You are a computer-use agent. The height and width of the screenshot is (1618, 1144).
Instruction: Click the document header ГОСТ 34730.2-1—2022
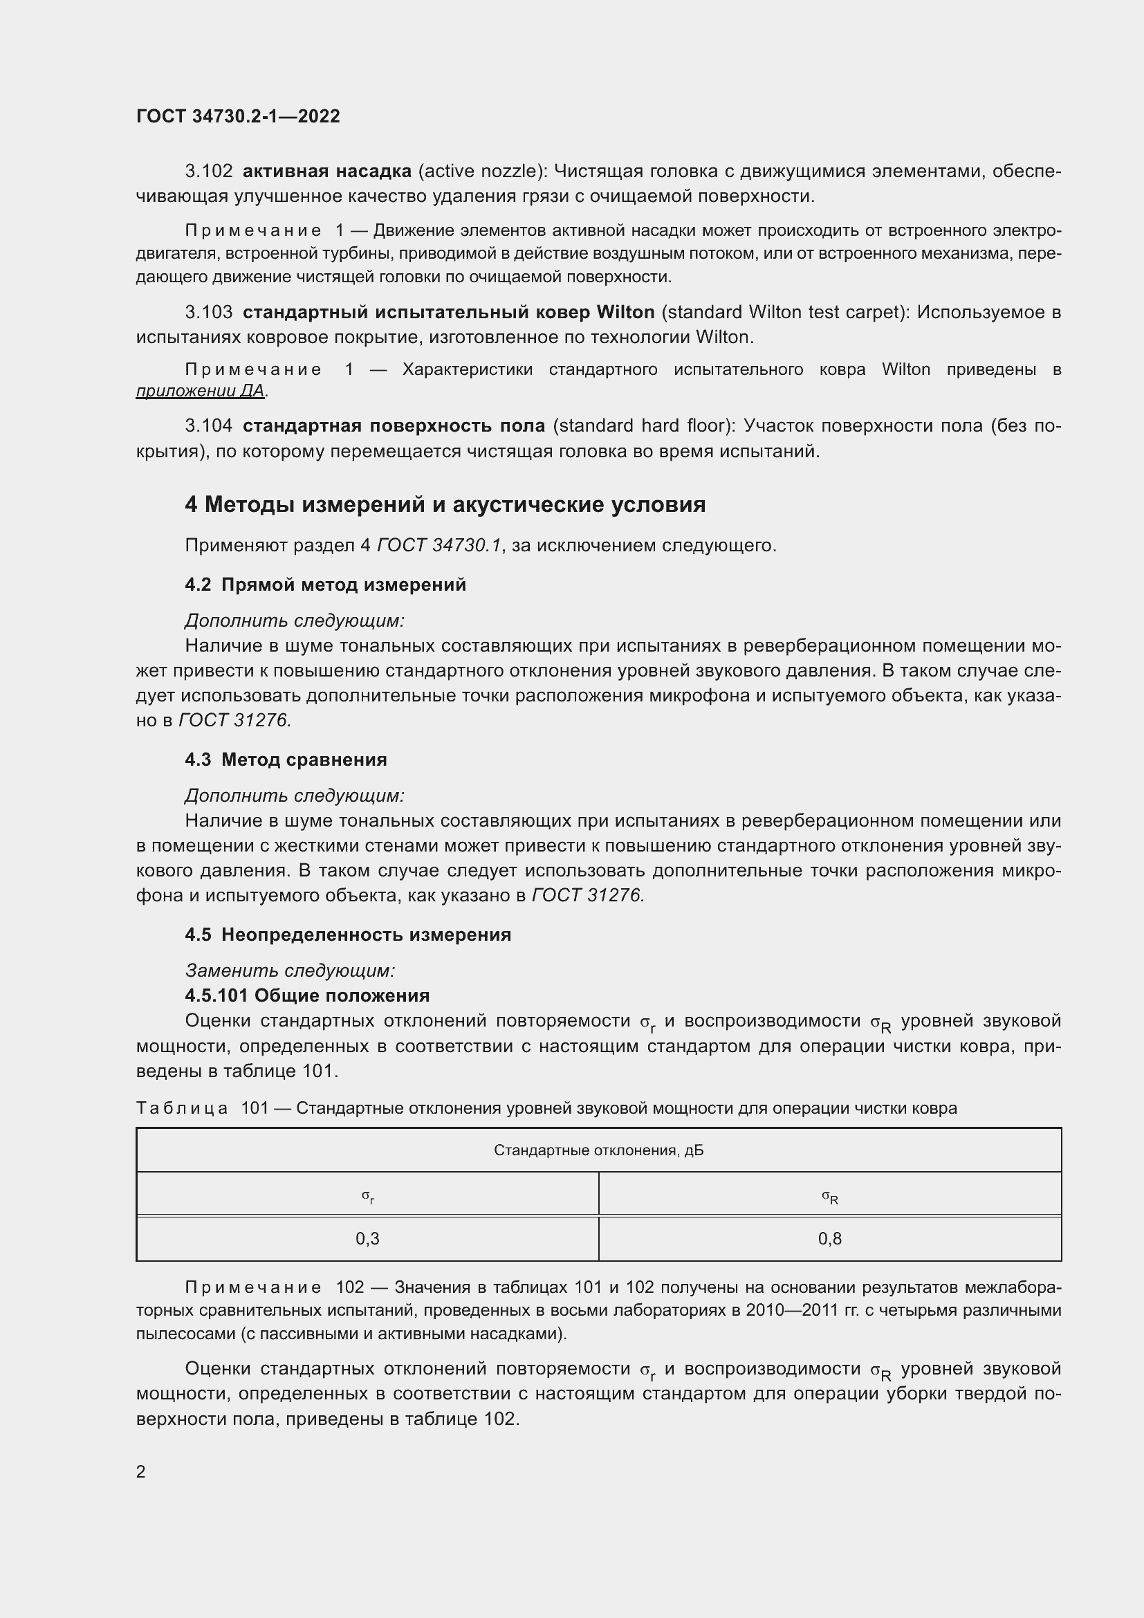pos(238,116)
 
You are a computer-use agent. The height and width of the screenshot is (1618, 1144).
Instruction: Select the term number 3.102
pos(208,172)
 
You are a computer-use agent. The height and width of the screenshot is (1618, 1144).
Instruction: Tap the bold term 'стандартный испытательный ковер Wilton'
pos(448,312)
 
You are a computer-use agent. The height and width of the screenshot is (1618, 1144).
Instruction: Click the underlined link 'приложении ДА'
pos(200,391)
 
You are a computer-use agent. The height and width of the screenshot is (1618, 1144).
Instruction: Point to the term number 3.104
pos(208,425)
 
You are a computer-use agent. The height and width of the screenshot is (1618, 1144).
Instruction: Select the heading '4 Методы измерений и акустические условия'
pos(445,504)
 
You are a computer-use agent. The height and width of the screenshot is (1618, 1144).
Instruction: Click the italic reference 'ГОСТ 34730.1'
pos(439,545)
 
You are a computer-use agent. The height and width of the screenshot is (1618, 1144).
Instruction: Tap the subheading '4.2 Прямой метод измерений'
pos(326,585)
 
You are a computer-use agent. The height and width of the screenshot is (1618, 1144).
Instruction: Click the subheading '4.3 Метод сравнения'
pos(286,760)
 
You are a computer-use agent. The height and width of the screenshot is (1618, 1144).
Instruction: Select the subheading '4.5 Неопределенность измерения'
pos(348,935)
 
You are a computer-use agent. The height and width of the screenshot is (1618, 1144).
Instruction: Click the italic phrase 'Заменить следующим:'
pos(290,971)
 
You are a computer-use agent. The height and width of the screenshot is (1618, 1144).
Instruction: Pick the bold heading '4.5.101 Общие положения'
pos(307,995)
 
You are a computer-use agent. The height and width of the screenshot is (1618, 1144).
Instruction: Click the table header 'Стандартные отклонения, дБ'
pos(598,1151)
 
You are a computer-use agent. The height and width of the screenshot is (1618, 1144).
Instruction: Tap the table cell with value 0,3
pos(368,1239)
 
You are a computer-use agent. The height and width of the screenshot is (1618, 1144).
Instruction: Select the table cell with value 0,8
pos(830,1239)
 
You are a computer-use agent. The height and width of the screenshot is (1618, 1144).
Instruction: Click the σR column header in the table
pos(830,1196)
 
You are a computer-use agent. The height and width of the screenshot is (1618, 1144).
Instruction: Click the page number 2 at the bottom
pos(141,1471)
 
